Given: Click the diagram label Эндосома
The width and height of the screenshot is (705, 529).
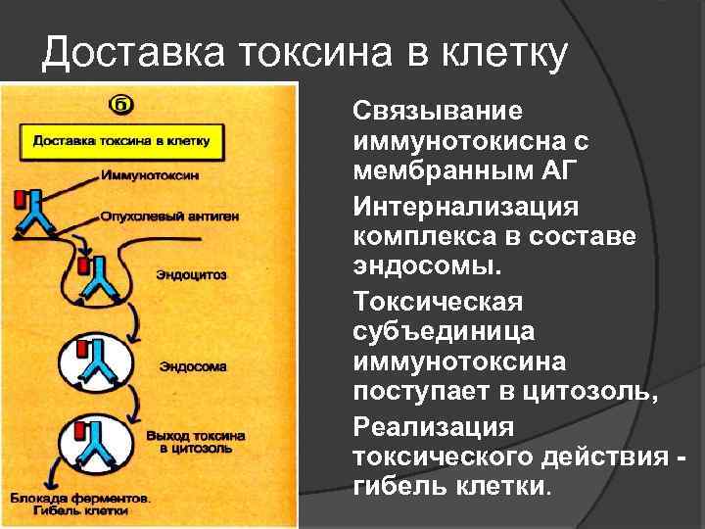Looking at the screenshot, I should coord(194,367).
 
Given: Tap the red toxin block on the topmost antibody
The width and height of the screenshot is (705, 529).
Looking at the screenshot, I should coord(20,201).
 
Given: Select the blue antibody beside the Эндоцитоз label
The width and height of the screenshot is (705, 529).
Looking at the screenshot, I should coord(100,280).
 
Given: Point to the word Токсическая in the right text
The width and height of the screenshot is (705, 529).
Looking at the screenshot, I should coord(438,300).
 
